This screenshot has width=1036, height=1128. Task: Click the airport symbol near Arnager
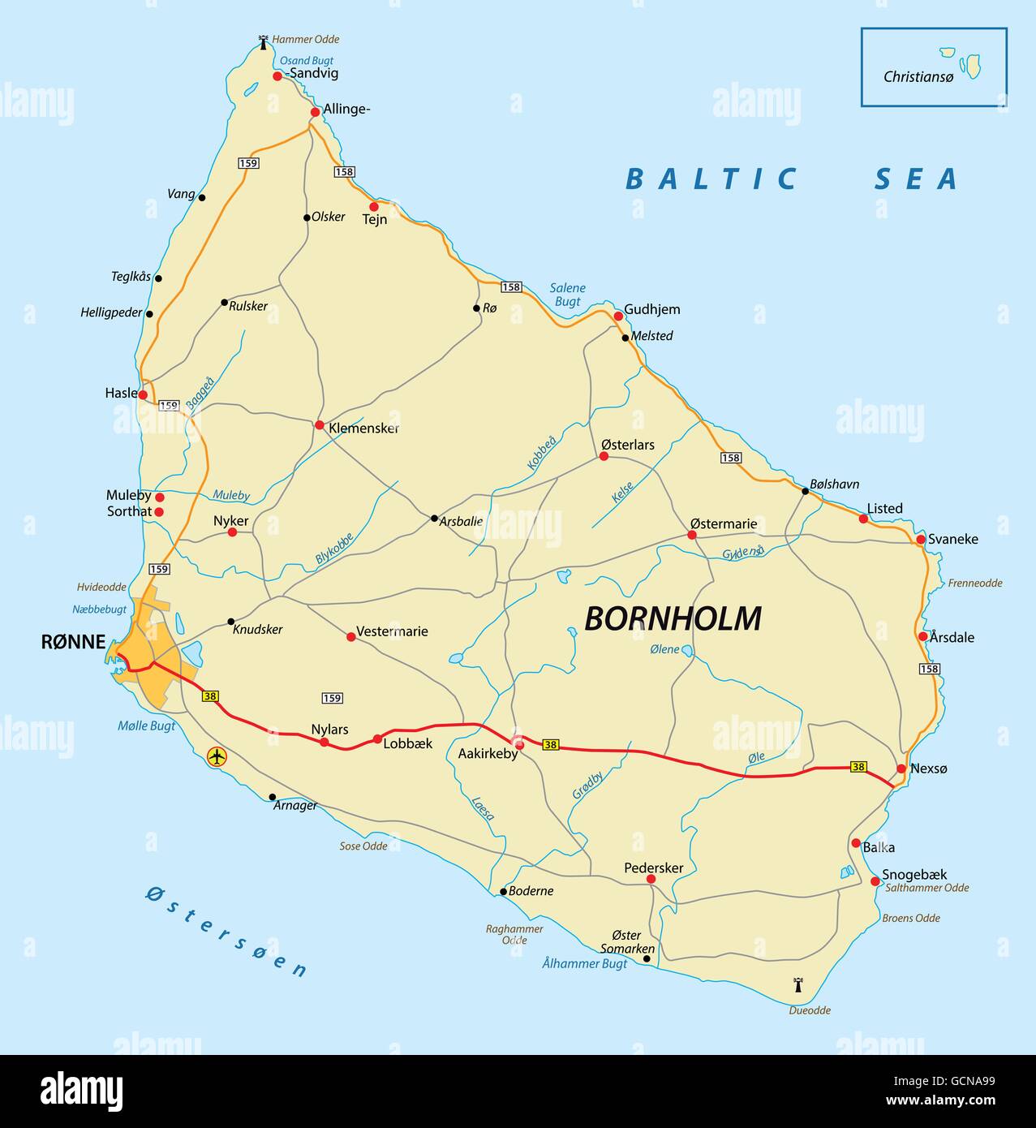(217, 756)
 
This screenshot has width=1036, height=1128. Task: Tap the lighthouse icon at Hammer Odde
(263, 41)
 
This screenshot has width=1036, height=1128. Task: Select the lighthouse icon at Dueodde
(797, 985)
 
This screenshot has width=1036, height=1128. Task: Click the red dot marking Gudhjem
(617, 316)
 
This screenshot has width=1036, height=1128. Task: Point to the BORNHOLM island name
(673, 619)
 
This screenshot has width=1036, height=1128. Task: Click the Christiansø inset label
(918, 77)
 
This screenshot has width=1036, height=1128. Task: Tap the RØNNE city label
(73, 643)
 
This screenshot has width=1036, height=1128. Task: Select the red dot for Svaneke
(921, 540)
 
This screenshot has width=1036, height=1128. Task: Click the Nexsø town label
(928, 769)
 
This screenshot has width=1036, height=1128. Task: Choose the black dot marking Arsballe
(434, 519)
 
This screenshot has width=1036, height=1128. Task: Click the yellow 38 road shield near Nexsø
(858, 766)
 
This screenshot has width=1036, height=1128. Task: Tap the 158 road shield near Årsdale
(929, 669)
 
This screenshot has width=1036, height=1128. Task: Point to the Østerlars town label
(627, 445)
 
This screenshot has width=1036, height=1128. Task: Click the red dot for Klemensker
(320, 425)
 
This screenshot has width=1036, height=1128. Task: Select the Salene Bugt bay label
(567, 295)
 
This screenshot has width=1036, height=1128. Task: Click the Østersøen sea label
(227, 931)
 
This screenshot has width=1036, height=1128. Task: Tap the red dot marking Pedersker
(651, 879)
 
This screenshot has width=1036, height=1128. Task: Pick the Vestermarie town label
(392, 631)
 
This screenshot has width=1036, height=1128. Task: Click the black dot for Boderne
(503, 891)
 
